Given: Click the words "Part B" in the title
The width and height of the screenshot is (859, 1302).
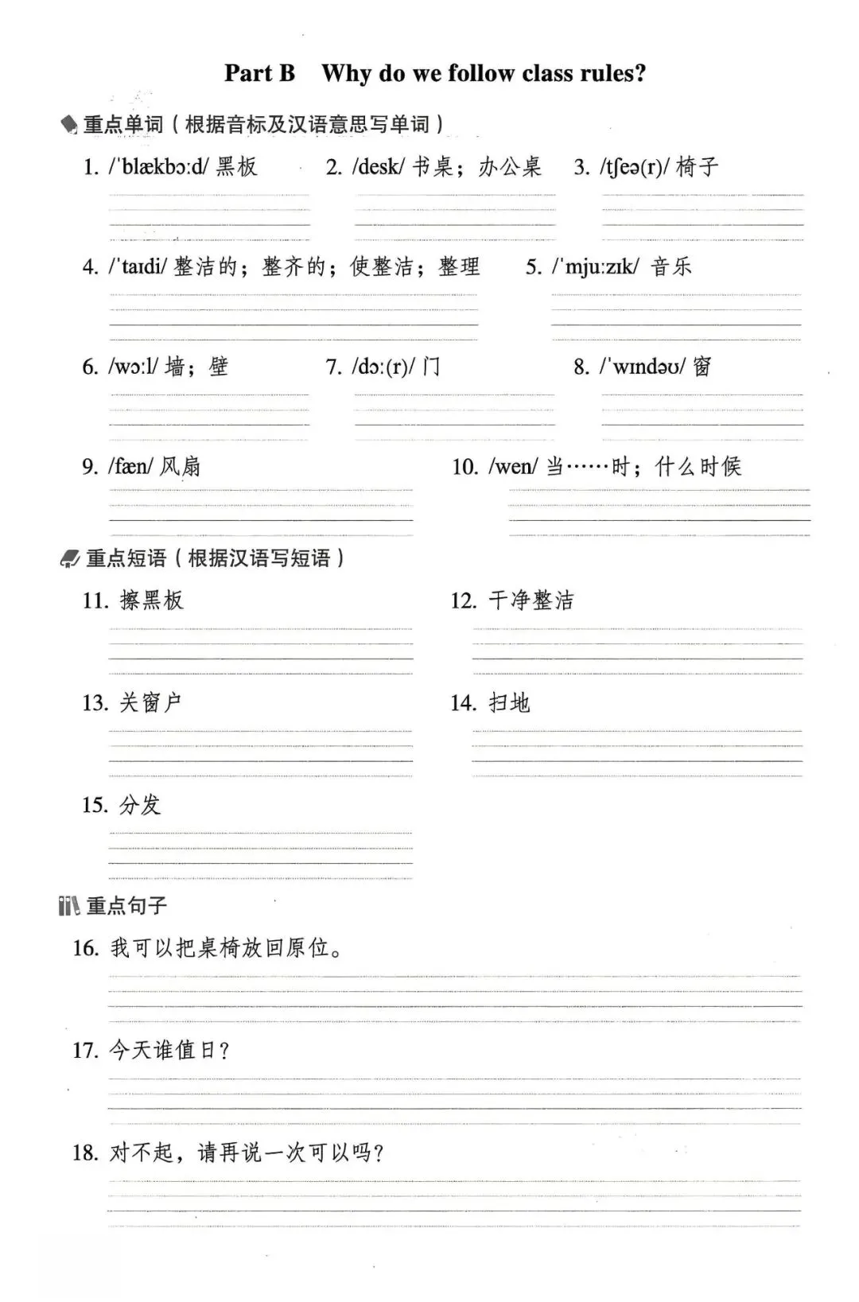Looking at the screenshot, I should [x=259, y=73].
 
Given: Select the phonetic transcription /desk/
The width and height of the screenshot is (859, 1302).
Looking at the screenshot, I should [x=379, y=166].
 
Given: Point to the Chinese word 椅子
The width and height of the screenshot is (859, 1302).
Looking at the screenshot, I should [x=698, y=166].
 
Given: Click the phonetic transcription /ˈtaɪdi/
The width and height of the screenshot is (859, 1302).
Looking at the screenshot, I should [x=138, y=266].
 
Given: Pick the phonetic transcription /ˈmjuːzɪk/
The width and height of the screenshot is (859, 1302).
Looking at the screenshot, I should [x=595, y=266].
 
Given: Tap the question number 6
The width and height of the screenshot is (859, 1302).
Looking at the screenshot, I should [x=89, y=367].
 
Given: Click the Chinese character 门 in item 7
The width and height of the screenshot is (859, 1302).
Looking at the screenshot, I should [x=431, y=367].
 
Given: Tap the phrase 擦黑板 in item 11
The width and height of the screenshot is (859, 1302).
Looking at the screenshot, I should [x=151, y=600].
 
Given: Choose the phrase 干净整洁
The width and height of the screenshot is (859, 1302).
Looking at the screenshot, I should [x=531, y=600].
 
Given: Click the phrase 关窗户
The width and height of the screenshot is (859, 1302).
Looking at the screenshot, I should [x=150, y=702].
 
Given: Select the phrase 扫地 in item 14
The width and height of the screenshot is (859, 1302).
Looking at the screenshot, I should [x=509, y=702].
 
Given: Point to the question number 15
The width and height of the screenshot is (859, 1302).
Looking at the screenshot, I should [x=95, y=805].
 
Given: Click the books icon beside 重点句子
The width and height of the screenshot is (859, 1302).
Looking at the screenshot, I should [x=68, y=905].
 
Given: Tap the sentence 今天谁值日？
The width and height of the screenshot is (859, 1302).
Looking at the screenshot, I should [x=169, y=1051].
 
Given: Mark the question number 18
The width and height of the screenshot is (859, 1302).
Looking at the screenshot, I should [x=85, y=1152].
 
